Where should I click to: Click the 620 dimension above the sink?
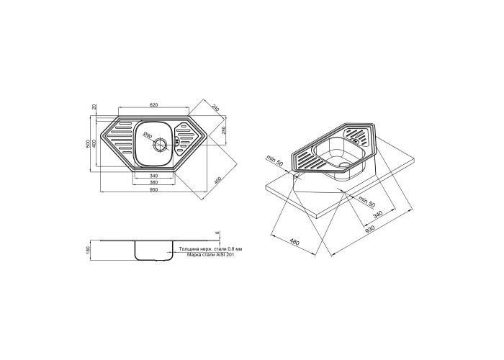click(x=153, y=105)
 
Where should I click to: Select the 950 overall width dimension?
click(x=153, y=189)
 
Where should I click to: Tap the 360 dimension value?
click(x=153, y=183)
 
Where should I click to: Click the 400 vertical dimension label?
click(x=94, y=143)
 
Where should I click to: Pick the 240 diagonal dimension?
click(x=215, y=108)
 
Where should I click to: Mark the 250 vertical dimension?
click(x=225, y=130)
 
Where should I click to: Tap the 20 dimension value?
click(x=94, y=107)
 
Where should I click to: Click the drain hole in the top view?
click(x=160, y=145)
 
